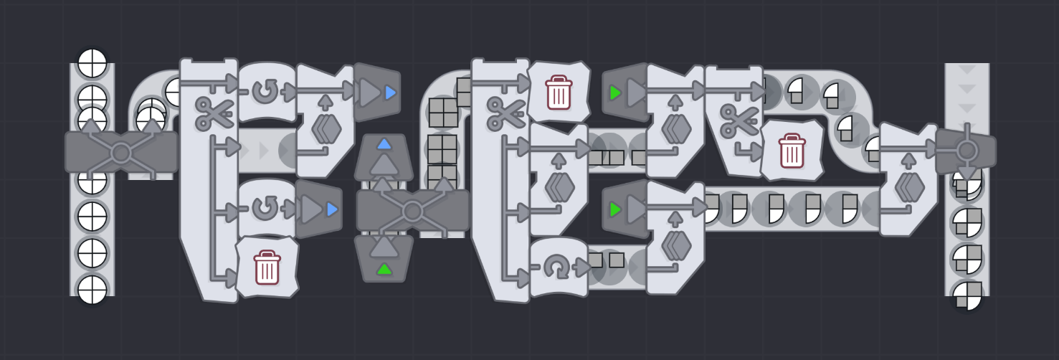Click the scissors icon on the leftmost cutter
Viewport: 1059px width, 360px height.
coord(214,113)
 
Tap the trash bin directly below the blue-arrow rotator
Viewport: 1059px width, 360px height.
coord(267,267)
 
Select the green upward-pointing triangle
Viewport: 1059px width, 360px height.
coord(384,269)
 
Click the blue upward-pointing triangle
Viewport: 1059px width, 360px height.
coord(384,143)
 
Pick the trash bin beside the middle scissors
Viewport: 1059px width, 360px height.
coord(559,92)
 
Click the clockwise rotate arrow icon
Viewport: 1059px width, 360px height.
coord(556,267)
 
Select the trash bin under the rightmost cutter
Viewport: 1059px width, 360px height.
coord(792,151)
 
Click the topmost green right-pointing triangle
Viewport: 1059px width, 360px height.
coord(614,93)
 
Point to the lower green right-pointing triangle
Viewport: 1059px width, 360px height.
coord(614,209)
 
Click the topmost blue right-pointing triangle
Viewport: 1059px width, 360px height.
coord(390,93)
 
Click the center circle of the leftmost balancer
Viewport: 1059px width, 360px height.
coord(120,153)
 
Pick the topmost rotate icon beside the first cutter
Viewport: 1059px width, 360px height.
coord(265,92)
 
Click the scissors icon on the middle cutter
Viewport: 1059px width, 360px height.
coord(505,113)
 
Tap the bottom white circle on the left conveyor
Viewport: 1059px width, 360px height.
coord(92,290)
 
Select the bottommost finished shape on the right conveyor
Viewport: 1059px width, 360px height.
coord(967,295)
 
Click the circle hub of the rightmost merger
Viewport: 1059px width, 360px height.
coord(967,151)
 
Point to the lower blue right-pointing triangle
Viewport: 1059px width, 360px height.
coord(332,209)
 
